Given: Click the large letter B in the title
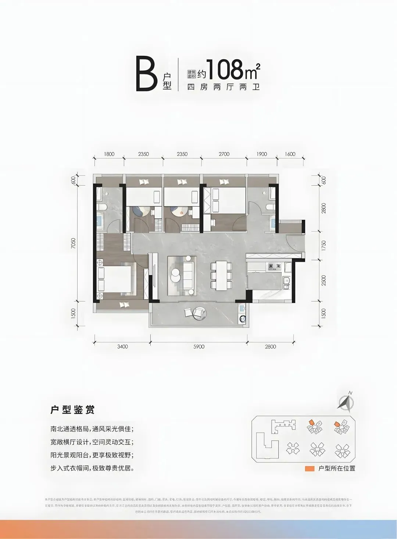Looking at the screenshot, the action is pyautogui.click(x=147, y=74).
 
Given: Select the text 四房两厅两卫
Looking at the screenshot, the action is pyautogui.click(x=223, y=88).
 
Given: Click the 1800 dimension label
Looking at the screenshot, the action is pyautogui.click(x=109, y=154).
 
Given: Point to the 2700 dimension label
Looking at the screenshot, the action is pyautogui.click(x=224, y=154).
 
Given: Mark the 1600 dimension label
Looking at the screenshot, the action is pyautogui.click(x=290, y=154).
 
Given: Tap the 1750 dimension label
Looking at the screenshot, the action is pyautogui.click(x=323, y=245).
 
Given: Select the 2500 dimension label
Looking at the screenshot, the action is pyautogui.click(x=323, y=280).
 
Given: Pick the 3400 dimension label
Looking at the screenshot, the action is pyautogui.click(x=122, y=347).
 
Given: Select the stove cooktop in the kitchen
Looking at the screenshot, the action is pyautogui.click(x=274, y=266).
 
